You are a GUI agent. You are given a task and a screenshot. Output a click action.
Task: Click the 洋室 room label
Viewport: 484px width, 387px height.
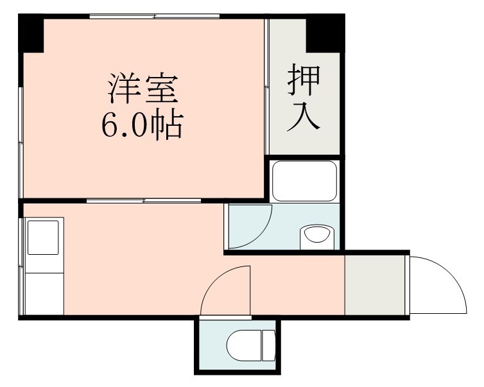(x=142, y=90)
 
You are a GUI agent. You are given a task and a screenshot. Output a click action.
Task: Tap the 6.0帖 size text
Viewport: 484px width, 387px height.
(x=142, y=125)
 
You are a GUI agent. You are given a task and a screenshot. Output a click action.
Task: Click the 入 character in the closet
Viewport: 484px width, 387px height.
(x=303, y=117)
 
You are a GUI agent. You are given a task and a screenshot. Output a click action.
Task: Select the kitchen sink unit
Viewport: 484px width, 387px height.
(x=44, y=235)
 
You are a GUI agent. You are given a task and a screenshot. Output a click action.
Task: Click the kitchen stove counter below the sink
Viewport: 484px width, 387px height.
(x=44, y=293)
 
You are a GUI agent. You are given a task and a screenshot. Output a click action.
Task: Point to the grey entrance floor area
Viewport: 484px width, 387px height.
(x=376, y=285)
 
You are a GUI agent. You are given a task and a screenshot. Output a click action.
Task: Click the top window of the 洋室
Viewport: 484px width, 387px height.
(x=154, y=17)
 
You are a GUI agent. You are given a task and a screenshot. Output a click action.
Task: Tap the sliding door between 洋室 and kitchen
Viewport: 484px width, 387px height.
(x=144, y=201)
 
